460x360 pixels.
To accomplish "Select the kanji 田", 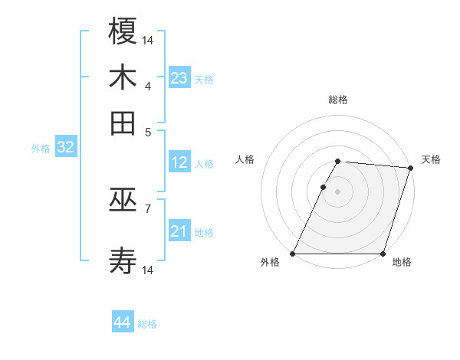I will click(x=123, y=123).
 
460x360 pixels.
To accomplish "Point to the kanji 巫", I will click(x=123, y=201).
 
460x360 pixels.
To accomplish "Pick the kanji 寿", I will click(x=123, y=261).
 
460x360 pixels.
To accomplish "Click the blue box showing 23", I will click(x=179, y=78).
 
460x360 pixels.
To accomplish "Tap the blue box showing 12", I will click(x=179, y=162).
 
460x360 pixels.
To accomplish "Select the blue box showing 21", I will click(x=179, y=231).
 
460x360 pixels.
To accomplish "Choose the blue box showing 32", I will click(x=65, y=148).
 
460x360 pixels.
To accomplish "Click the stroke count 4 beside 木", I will click(x=148, y=85).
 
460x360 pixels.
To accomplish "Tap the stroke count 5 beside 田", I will click(x=148, y=131).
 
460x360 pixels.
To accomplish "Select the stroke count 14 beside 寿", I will click(x=148, y=270).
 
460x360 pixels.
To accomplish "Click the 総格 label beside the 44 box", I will click(x=147, y=324).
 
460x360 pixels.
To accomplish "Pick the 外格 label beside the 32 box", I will click(x=41, y=149).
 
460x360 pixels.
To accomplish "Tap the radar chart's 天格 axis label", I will click(x=431, y=159).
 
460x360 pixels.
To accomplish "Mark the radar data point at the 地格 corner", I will click(x=383, y=254).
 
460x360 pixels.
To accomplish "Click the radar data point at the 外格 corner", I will click(x=293, y=254).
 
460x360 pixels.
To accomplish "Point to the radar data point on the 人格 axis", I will click(x=324, y=187).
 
